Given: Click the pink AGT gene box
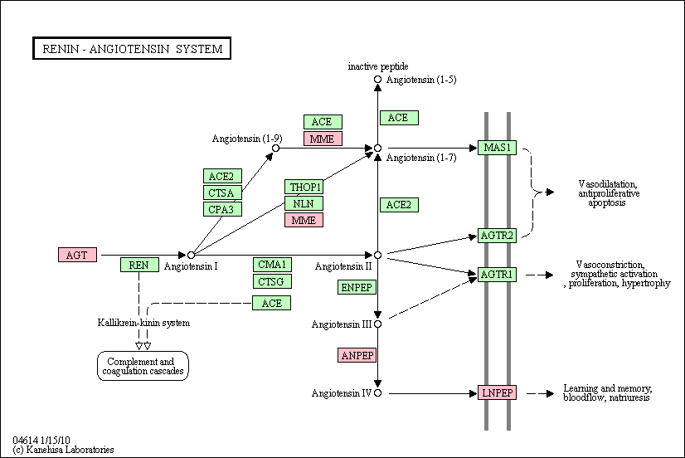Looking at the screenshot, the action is pyautogui.click(x=77, y=255).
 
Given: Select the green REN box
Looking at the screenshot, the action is pyautogui.click(x=139, y=265).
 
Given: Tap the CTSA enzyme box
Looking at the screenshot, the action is pyautogui.click(x=222, y=192).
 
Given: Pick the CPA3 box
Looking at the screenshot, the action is pyautogui.click(x=222, y=209).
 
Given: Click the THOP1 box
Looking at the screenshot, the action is pyautogui.click(x=304, y=187).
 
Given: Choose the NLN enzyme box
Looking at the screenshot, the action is pyautogui.click(x=304, y=203).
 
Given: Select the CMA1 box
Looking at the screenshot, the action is pyautogui.click(x=272, y=265).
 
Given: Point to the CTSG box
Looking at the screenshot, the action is pyautogui.click(x=272, y=281).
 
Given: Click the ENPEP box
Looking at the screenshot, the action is pyautogui.click(x=357, y=287).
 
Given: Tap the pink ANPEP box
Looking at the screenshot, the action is pyautogui.click(x=357, y=355).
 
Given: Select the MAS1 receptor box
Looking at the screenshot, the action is pyautogui.click(x=497, y=148).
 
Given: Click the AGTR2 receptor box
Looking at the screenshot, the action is pyautogui.click(x=497, y=236).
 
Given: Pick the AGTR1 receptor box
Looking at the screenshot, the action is pyautogui.click(x=497, y=275).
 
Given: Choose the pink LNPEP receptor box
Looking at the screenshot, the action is pyautogui.click(x=497, y=392).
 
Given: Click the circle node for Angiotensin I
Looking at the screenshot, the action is pyautogui.click(x=191, y=255).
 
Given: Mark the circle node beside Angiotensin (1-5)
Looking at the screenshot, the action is pyautogui.click(x=377, y=79).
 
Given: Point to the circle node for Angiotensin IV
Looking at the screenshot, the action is pyautogui.click(x=377, y=393).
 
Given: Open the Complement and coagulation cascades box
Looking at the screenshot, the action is pyautogui.click(x=143, y=366).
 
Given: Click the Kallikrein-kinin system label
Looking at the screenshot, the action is pyautogui.click(x=143, y=323).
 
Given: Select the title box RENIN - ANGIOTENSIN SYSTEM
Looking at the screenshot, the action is pyautogui.click(x=132, y=48).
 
